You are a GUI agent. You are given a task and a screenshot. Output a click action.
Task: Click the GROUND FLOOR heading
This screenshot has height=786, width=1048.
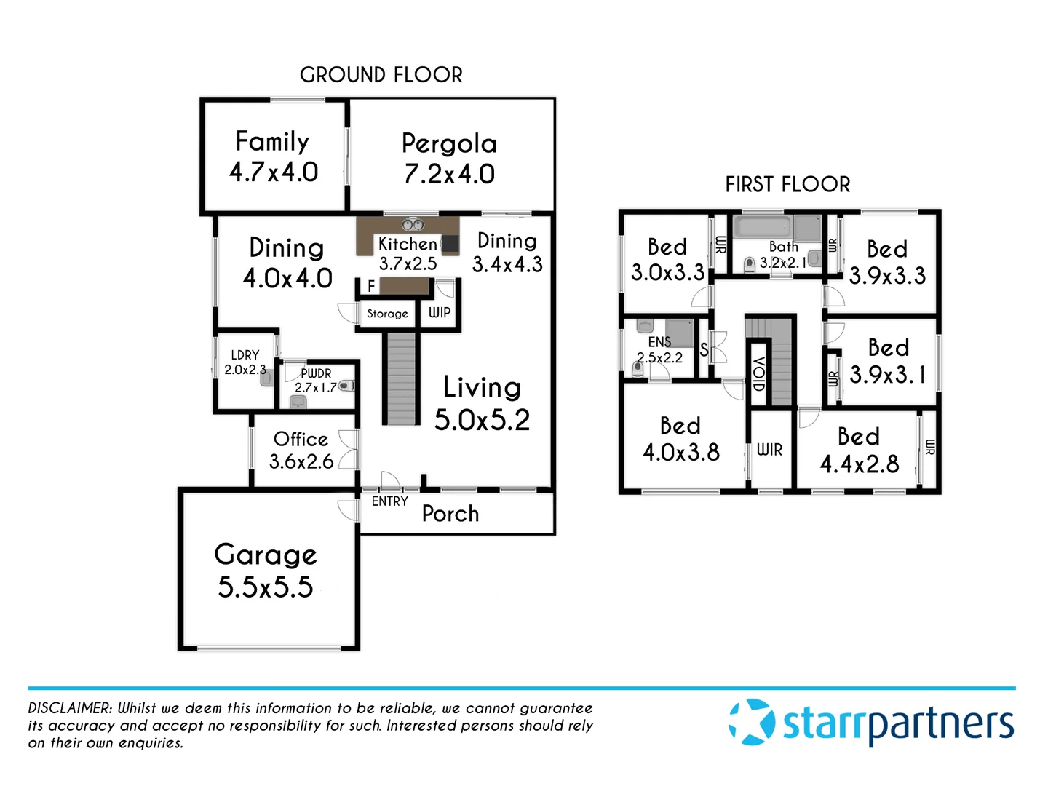pos(381,75)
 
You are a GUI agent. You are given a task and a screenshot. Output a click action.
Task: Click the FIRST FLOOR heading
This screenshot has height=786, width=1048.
pos(787,185)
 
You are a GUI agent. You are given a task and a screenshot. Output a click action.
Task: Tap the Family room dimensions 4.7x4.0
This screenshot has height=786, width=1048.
pos(274,172)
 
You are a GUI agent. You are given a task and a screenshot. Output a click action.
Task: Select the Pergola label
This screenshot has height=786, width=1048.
pos(449,143)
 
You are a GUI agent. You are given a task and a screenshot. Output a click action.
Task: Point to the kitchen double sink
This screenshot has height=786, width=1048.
pos(413,224)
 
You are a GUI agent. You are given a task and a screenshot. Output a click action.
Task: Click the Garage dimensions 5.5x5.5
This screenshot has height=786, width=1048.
pos(266,587)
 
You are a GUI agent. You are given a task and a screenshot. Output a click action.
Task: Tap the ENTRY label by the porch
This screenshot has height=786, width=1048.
pos(389,501)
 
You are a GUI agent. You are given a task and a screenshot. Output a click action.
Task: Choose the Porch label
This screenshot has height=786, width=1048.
pos(450,514)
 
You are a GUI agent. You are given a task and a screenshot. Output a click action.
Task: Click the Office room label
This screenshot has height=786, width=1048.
pos(301,439)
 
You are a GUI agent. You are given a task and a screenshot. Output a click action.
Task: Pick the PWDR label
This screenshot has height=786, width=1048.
pos(316,373)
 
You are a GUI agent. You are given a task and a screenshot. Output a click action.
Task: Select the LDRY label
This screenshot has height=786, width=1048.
pos(245,355)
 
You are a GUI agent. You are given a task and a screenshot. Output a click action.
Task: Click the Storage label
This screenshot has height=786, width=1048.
pos(387,314)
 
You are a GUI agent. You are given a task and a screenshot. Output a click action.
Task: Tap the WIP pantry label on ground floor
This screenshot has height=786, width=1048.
pos(440,313)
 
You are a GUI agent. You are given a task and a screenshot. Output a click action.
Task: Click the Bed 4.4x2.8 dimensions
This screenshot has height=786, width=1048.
pos(860,464)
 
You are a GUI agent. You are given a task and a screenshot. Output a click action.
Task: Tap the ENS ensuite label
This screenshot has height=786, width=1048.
pos(659,341)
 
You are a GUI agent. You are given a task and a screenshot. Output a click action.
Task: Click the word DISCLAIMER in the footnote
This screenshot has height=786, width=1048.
pos(70,708)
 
